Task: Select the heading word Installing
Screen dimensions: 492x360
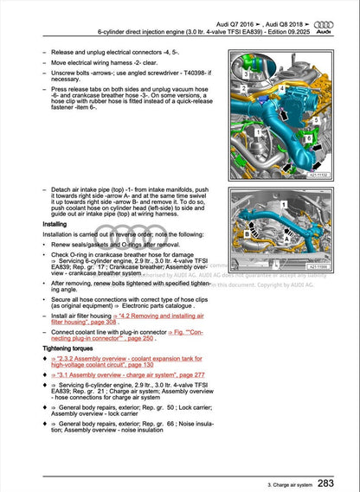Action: pos(55,223)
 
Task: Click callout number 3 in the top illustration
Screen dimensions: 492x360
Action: pos(246,75)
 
